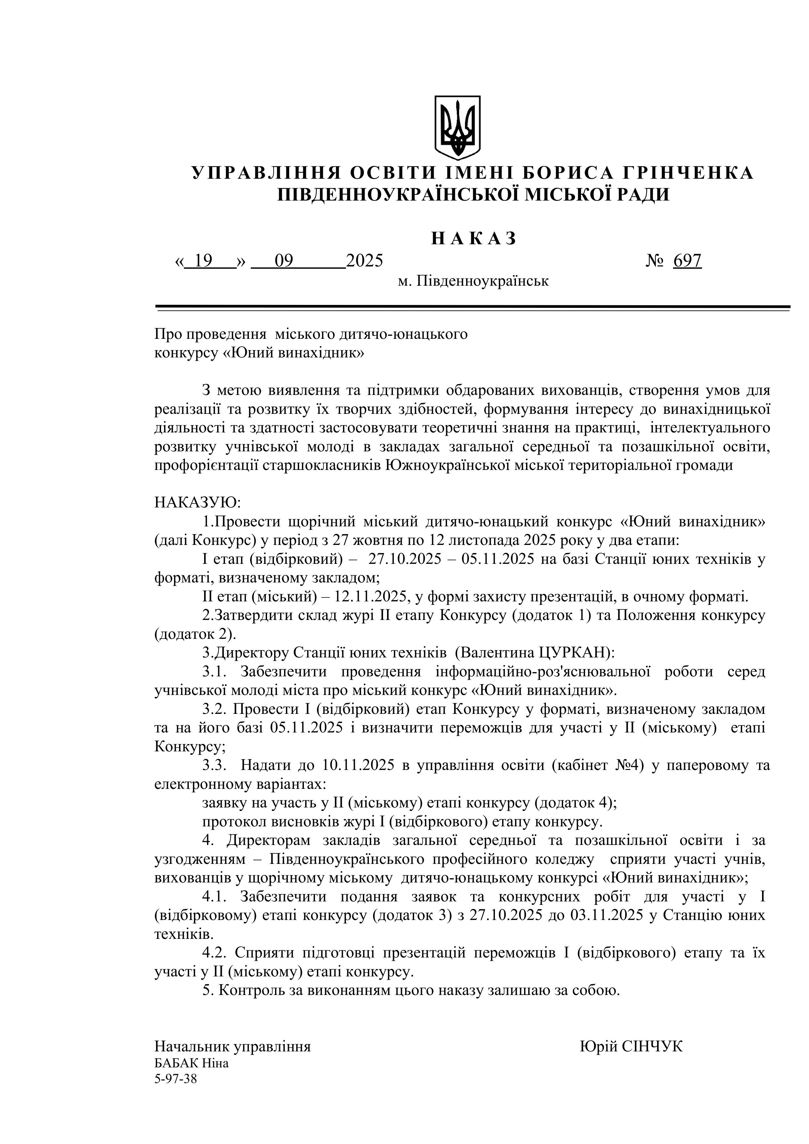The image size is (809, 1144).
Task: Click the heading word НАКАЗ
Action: pyautogui.click(x=473, y=239)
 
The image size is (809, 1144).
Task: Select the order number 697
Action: pyautogui.click(x=687, y=261)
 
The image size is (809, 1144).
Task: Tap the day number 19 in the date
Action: pyautogui.click(x=204, y=261)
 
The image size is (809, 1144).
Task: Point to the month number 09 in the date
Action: pyautogui.click(x=284, y=261)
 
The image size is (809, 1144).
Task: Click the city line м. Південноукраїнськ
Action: pyautogui.click(x=473, y=281)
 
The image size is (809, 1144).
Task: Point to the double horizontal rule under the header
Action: pyautogui.click(x=473, y=309)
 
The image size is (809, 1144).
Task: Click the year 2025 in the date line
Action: pyautogui.click(x=364, y=261)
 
